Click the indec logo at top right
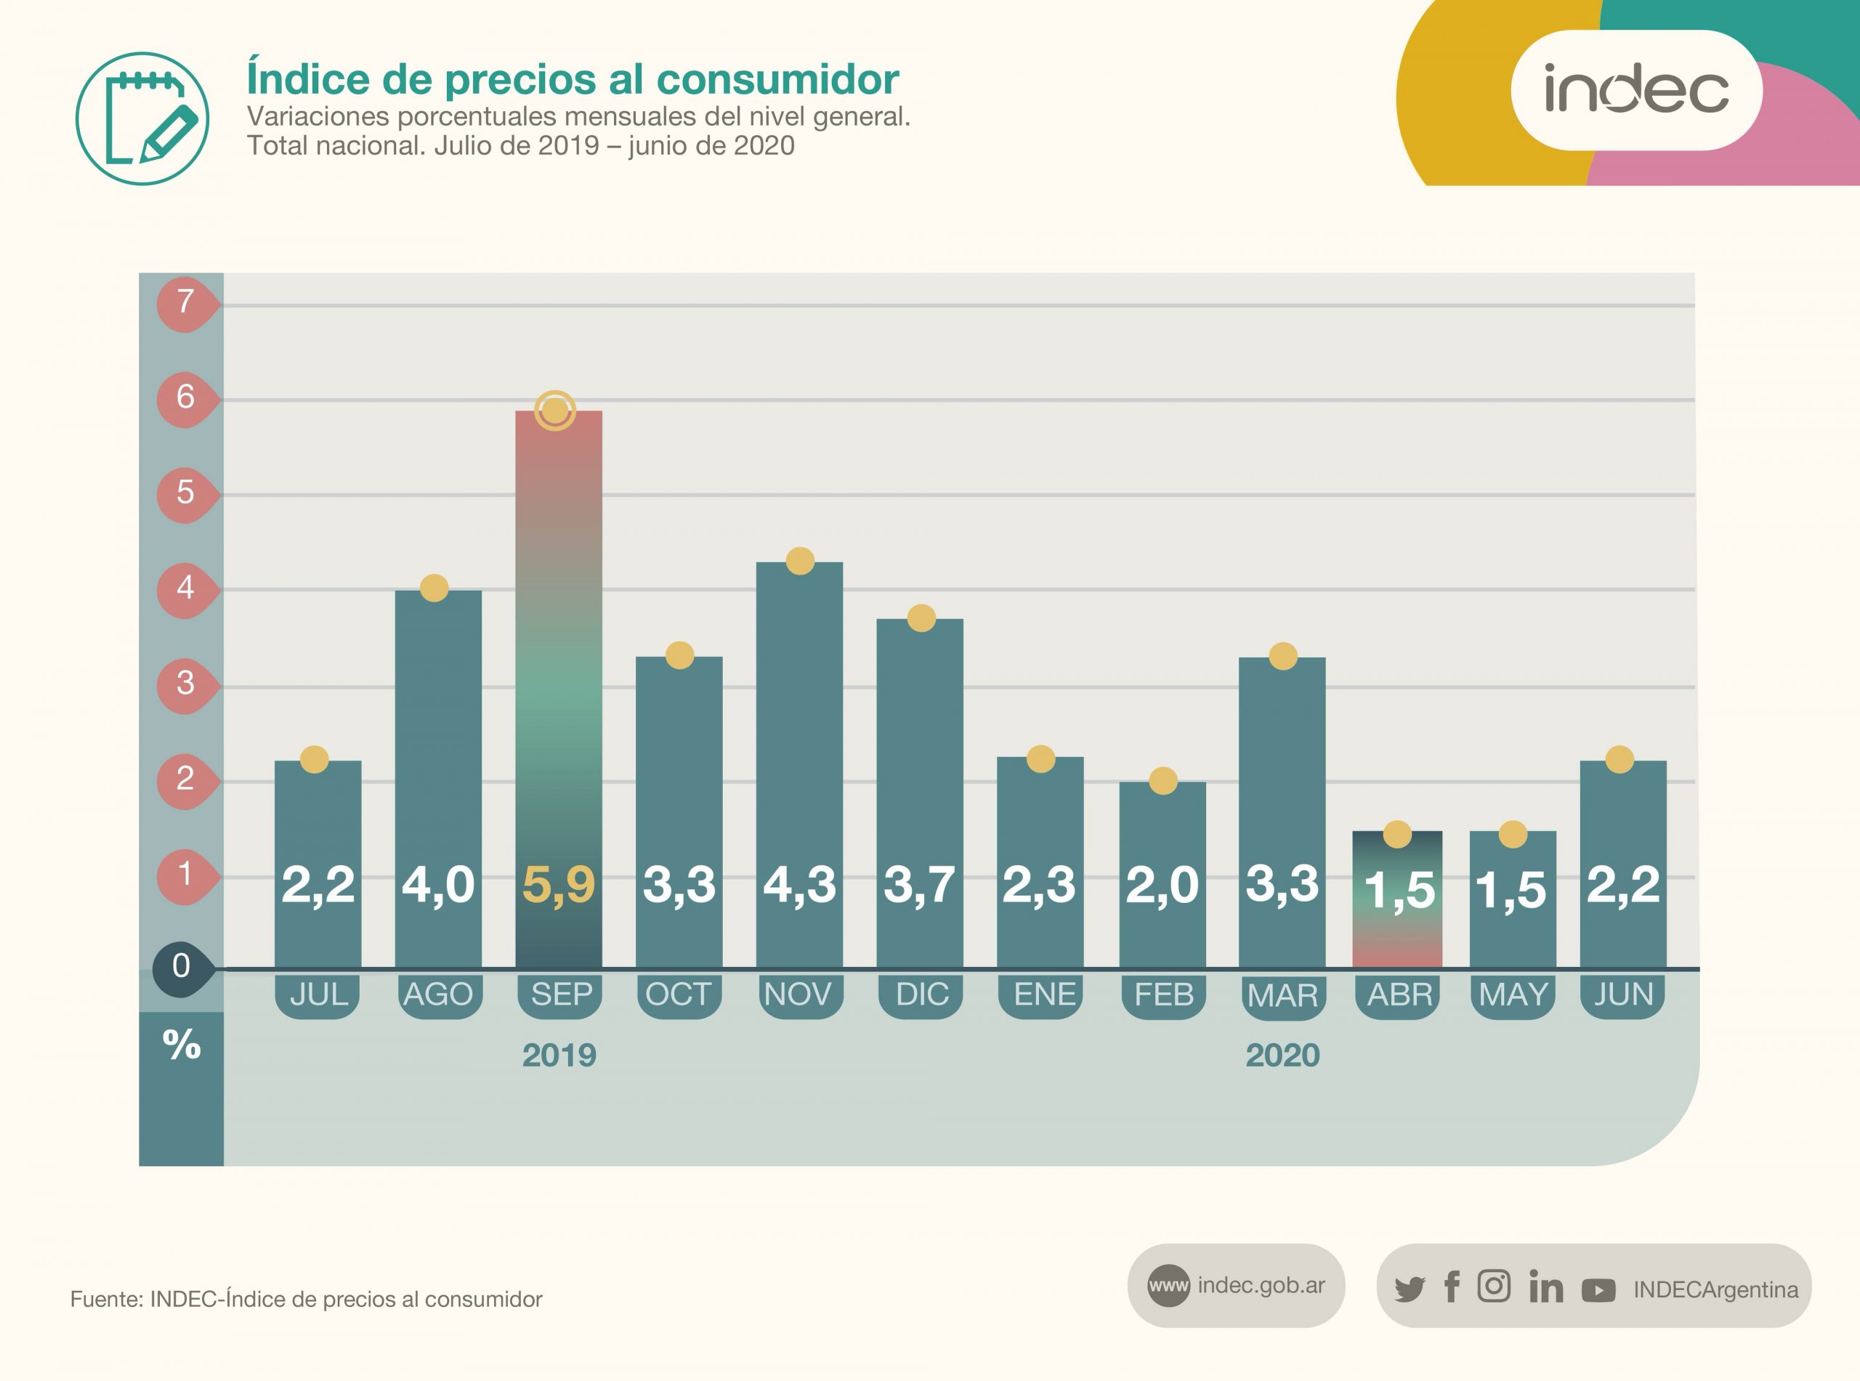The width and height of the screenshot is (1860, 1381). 1636,89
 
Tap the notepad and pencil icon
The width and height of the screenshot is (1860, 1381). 142,118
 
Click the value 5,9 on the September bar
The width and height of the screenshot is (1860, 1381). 559,884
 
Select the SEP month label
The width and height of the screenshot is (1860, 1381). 561,994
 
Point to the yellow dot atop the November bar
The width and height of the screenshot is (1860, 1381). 800,561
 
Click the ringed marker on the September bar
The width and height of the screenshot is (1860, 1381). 555,410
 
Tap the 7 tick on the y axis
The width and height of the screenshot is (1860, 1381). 185,301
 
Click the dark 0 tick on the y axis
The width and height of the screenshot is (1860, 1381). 182,966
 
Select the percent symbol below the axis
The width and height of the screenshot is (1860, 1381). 182,1044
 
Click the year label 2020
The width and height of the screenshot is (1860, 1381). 1282,1055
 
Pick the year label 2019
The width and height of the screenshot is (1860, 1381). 559,1055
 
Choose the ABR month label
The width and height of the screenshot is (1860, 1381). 1399,994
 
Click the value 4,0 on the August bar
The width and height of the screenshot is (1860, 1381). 438,884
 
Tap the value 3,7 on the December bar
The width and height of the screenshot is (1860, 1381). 920,884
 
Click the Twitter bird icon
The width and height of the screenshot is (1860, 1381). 1410,1288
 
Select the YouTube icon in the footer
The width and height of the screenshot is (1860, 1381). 1598,1291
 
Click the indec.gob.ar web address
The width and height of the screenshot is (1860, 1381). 1261,1285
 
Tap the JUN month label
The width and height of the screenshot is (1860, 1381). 1623,994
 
